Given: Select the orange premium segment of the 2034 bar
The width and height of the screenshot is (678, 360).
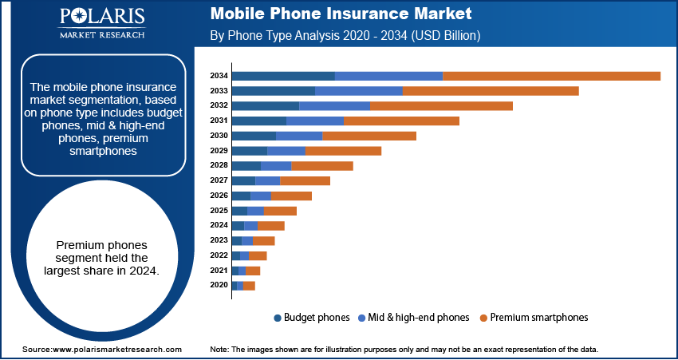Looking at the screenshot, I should [551, 76].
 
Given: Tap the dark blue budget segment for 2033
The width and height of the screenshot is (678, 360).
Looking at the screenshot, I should [273, 91].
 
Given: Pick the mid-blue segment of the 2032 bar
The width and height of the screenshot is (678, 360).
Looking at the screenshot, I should [334, 105].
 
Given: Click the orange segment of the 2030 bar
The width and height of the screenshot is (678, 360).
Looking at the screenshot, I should [369, 136].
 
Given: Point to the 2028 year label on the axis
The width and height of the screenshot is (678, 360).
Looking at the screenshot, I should [219, 165].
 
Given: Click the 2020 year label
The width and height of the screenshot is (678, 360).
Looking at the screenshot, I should [219, 285].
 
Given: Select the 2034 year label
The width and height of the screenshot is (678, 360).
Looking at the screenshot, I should [219, 76].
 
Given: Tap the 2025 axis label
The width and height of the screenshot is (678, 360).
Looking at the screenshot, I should [219, 211].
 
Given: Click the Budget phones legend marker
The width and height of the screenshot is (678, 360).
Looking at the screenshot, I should [278, 318].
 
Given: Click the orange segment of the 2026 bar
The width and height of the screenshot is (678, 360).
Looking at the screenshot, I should [291, 196].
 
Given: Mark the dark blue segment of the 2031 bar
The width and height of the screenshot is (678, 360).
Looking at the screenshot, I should [258, 121].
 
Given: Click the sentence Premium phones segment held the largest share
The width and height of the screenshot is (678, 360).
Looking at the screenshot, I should [101, 258].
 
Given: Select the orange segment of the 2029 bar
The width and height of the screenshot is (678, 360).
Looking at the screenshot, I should [343, 151].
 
